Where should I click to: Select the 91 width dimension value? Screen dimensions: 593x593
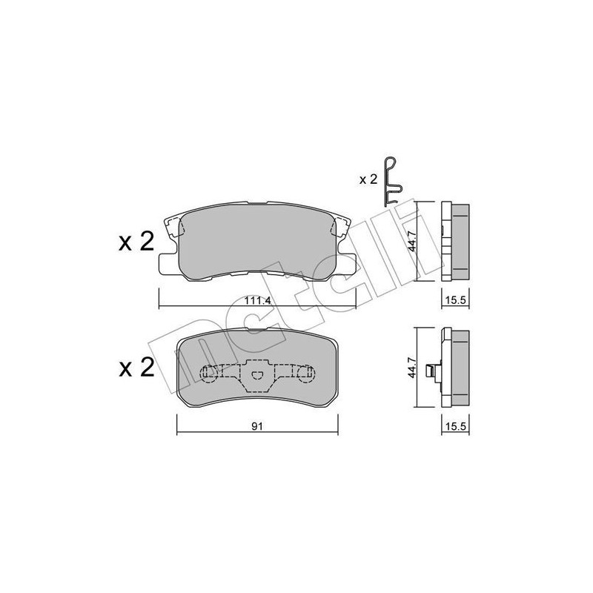[257, 426]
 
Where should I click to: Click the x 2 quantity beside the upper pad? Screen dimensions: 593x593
[136, 242]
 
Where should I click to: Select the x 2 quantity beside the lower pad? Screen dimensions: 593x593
[136, 368]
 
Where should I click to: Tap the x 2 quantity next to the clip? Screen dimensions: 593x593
[368, 179]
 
